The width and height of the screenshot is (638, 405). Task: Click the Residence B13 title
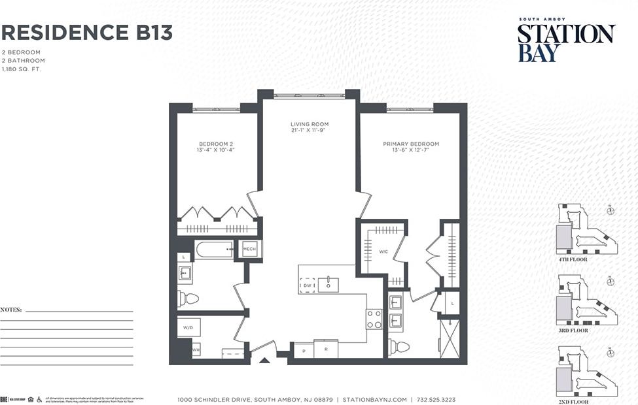87,32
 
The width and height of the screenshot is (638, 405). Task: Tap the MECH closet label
249,249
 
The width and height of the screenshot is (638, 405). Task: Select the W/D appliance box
188,327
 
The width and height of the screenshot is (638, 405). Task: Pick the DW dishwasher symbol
307,285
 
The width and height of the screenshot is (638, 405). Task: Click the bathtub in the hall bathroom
215,250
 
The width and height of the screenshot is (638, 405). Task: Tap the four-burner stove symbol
374,319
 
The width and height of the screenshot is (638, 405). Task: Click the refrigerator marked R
325,349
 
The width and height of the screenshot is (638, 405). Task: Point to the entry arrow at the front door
264,359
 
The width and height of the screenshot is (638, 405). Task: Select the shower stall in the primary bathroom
450,337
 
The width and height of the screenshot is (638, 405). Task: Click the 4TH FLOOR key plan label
573,259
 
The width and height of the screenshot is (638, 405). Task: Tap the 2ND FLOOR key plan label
573,400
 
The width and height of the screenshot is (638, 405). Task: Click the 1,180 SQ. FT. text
21,69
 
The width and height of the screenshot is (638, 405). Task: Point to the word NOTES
11,310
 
